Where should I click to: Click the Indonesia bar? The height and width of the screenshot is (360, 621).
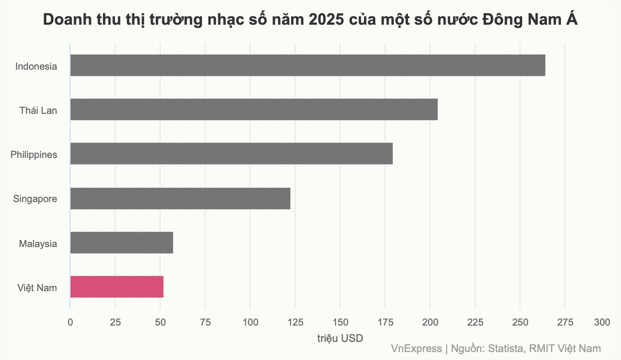[x=307, y=65]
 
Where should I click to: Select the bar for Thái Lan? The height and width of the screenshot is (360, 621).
[x=254, y=109]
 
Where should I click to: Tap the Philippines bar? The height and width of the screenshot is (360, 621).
[x=231, y=154]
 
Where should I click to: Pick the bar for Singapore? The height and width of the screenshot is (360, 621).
[x=180, y=199]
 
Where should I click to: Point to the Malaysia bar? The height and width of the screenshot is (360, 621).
[x=121, y=243]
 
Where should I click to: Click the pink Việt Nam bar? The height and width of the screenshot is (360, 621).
[x=116, y=287]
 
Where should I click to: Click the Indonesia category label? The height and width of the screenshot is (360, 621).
[x=36, y=67]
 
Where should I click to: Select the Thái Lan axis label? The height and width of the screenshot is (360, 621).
[x=38, y=111]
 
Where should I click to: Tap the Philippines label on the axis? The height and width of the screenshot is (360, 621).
[x=34, y=155]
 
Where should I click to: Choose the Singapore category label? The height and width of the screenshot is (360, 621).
[x=35, y=199]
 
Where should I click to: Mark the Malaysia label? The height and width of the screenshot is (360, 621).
[x=38, y=244]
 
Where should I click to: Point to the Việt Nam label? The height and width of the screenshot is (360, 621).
[x=37, y=288]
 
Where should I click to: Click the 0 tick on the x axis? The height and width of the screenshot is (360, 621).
[x=70, y=322]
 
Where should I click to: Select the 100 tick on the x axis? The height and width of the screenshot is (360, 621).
[x=250, y=322]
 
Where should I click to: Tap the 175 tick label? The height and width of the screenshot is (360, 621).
[x=385, y=322]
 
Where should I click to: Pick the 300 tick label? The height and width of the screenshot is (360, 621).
[x=602, y=322]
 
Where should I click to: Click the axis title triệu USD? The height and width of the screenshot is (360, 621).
[x=340, y=338]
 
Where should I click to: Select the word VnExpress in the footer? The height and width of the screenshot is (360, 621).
[x=416, y=349]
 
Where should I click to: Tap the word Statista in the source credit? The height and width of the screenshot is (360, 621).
[x=506, y=349]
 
